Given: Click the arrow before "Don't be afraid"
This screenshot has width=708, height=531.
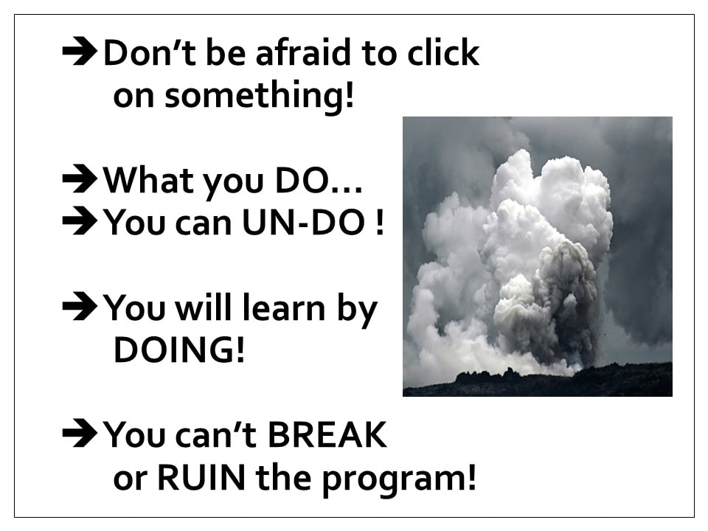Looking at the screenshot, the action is (x=80, y=52).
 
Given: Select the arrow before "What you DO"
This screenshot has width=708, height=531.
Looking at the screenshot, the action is (x=80, y=180).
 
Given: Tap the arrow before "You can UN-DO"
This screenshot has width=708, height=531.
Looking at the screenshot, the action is (x=80, y=221).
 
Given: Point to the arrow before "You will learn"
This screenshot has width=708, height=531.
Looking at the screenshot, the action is (x=80, y=307).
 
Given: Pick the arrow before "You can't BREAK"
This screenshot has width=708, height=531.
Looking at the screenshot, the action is (x=80, y=434).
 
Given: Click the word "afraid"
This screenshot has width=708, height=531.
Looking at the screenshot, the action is (x=303, y=53).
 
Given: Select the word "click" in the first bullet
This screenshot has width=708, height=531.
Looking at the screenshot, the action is (x=443, y=52).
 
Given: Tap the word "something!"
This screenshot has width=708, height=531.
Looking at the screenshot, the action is (x=259, y=96).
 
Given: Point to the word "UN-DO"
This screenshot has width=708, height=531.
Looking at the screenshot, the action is (x=304, y=222).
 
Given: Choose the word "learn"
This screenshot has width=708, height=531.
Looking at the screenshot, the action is (x=283, y=308).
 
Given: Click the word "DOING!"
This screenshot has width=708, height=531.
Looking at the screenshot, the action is (x=179, y=350).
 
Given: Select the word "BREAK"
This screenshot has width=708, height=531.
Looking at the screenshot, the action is (x=327, y=434).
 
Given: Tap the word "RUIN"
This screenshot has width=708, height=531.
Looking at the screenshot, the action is (x=201, y=477).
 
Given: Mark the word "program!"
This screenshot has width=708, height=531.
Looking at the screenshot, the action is (x=399, y=479).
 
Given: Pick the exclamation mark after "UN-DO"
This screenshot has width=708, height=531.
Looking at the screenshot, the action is (x=379, y=222).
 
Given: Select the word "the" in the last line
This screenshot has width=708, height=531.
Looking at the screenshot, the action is (x=283, y=477).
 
